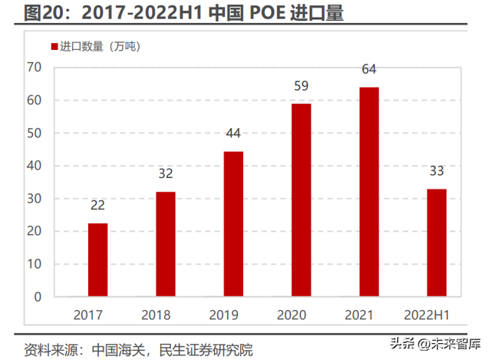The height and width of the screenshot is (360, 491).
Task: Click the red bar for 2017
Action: [x=97, y=259]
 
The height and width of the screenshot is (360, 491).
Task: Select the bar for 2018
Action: [x=165, y=243]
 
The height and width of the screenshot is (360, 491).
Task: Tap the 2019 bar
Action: [x=233, y=223]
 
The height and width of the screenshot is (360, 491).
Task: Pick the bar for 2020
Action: [x=301, y=200]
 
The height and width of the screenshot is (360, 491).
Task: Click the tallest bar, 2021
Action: [x=368, y=191]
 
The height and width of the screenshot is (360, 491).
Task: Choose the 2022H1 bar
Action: [x=436, y=242]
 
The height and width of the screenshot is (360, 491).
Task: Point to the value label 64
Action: [x=369, y=70]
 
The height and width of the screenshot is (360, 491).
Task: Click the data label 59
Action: [x=301, y=86]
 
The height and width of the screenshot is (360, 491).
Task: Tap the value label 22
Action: [x=98, y=206]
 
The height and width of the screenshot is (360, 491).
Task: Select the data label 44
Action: [x=233, y=134]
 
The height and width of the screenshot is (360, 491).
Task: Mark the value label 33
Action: [x=437, y=171]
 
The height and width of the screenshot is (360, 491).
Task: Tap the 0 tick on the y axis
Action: [x=36, y=296]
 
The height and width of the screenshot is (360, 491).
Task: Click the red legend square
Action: [x=54, y=48]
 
